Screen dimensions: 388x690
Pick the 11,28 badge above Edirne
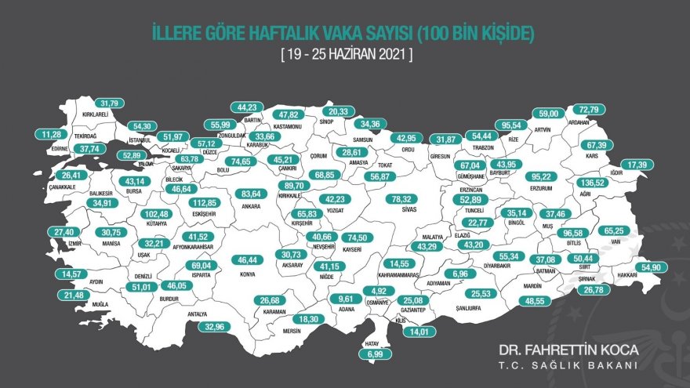coord(50,134)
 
